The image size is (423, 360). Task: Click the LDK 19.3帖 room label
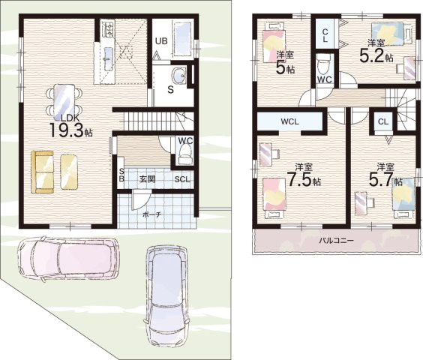pos(70,127)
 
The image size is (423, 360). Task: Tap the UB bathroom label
pos(161,41)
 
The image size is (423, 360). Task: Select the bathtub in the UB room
pos(181,38)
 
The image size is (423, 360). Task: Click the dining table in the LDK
pos(64,102)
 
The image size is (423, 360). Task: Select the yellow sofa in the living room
pos(42,172)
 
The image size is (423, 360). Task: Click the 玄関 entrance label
pos(147,179)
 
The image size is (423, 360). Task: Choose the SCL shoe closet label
pos(182,179)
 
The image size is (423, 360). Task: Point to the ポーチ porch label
pos(152,214)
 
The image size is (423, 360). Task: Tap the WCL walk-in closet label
pos(290,121)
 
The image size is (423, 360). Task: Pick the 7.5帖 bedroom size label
pos(304,180)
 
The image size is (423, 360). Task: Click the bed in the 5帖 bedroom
pos(274,43)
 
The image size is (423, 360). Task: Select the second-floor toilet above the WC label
pos(323,65)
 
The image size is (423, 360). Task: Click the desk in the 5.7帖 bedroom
pos(361,203)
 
